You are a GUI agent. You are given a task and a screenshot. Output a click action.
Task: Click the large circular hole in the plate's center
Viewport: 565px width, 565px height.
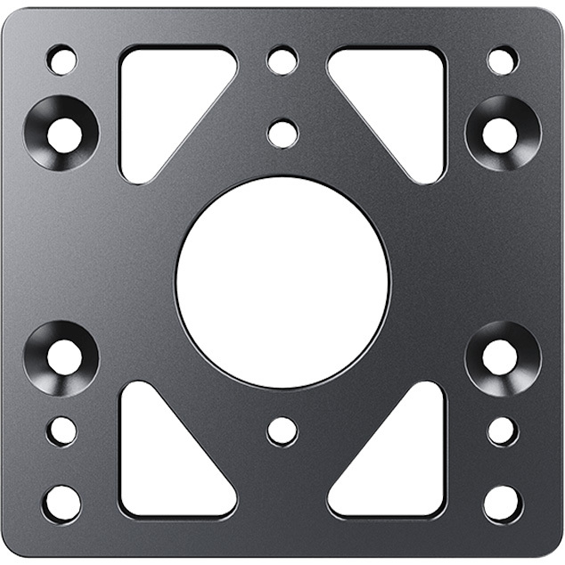pos(282,282)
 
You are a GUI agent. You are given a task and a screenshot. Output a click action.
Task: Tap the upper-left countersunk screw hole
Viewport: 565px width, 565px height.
pos(62,134)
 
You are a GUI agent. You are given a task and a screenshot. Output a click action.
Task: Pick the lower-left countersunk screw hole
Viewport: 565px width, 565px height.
pos(62,357)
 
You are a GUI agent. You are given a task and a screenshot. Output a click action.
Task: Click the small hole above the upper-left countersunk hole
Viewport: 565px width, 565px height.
pos(61,61)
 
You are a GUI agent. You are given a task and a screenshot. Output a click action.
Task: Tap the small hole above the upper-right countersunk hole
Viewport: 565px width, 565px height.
pos(503,61)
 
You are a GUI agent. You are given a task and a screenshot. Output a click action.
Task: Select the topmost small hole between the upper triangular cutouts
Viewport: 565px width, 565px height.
pos(282,61)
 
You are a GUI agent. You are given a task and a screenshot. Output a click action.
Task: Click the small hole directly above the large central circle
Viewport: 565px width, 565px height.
pos(282,134)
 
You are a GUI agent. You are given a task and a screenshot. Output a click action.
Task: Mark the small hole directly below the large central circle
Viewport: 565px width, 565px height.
pos(282,430)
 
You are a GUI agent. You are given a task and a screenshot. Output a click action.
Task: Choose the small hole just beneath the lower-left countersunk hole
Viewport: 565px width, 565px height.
pos(61,430)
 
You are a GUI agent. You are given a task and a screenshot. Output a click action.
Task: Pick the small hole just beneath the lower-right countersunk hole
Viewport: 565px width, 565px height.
pos(503,430)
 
